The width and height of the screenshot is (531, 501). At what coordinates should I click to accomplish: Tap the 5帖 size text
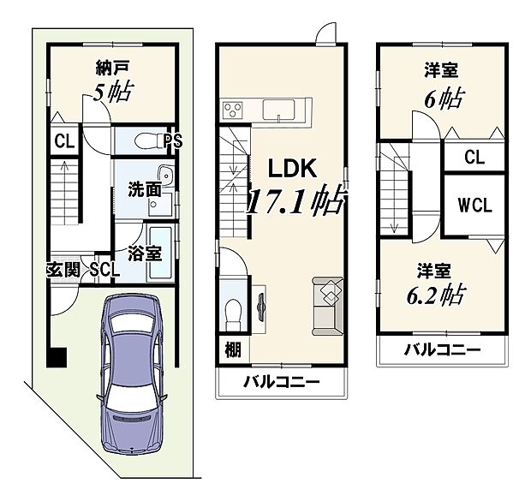tap(112, 92)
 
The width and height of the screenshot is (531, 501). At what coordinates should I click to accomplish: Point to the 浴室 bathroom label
tap(143, 253)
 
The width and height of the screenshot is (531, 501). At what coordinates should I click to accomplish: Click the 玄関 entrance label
tap(64, 270)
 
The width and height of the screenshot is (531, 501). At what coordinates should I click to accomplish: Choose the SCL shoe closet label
tap(104, 270)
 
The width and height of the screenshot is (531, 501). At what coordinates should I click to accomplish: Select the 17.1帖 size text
tap(296, 202)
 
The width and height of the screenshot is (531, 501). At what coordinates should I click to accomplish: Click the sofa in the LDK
tap(327, 303)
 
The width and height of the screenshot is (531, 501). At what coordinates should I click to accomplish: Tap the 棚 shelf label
tap(232, 349)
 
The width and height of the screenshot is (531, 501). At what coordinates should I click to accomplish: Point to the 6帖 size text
tap(444, 97)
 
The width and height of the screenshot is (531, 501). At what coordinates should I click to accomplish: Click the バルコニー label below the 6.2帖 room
tap(441, 349)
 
